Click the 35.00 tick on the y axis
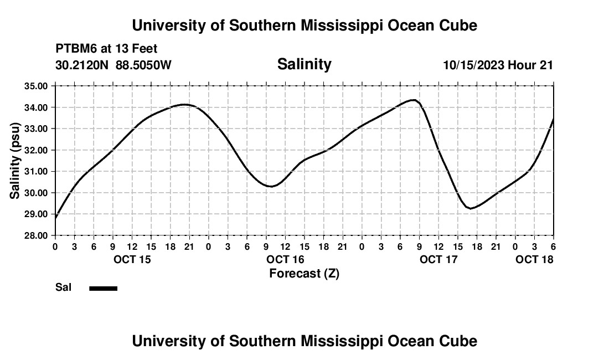(x=37, y=86)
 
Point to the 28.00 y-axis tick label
(x=37, y=235)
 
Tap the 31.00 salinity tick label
(x=37, y=171)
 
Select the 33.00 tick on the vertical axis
(x=37, y=128)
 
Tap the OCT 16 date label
(x=286, y=259)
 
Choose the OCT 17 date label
(x=438, y=259)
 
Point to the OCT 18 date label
(x=534, y=259)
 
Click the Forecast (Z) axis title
(x=304, y=273)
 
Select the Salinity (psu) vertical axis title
(x=16, y=161)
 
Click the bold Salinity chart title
(x=304, y=64)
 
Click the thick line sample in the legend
(x=104, y=288)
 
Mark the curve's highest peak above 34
(x=413, y=100)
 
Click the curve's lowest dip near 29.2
(x=471, y=208)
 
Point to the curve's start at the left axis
(x=56, y=218)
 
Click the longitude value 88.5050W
(x=143, y=65)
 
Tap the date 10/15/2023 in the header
(x=473, y=65)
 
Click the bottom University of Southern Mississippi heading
(x=304, y=341)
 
